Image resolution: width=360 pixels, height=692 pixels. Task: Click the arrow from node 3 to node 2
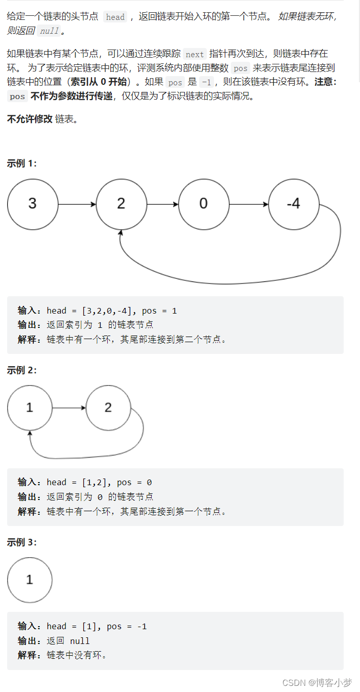[77, 204]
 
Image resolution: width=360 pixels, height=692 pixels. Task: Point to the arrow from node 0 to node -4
[249, 204]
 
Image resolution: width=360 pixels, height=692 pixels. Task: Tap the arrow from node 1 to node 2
[69, 408]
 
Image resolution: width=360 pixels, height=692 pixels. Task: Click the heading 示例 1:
[21, 163]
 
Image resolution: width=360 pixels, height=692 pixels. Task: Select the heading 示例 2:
[21, 370]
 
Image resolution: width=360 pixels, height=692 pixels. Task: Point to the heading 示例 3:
[21, 542]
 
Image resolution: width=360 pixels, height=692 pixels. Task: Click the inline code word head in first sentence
[115, 17]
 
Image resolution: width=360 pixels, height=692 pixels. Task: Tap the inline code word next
[195, 54]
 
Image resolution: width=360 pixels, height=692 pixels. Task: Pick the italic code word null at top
[49, 31]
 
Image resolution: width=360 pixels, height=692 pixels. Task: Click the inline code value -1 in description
[206, 82]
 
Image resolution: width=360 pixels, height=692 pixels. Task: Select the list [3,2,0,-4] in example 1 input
[107, 311]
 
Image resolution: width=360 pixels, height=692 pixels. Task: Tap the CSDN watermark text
[317, 682]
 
